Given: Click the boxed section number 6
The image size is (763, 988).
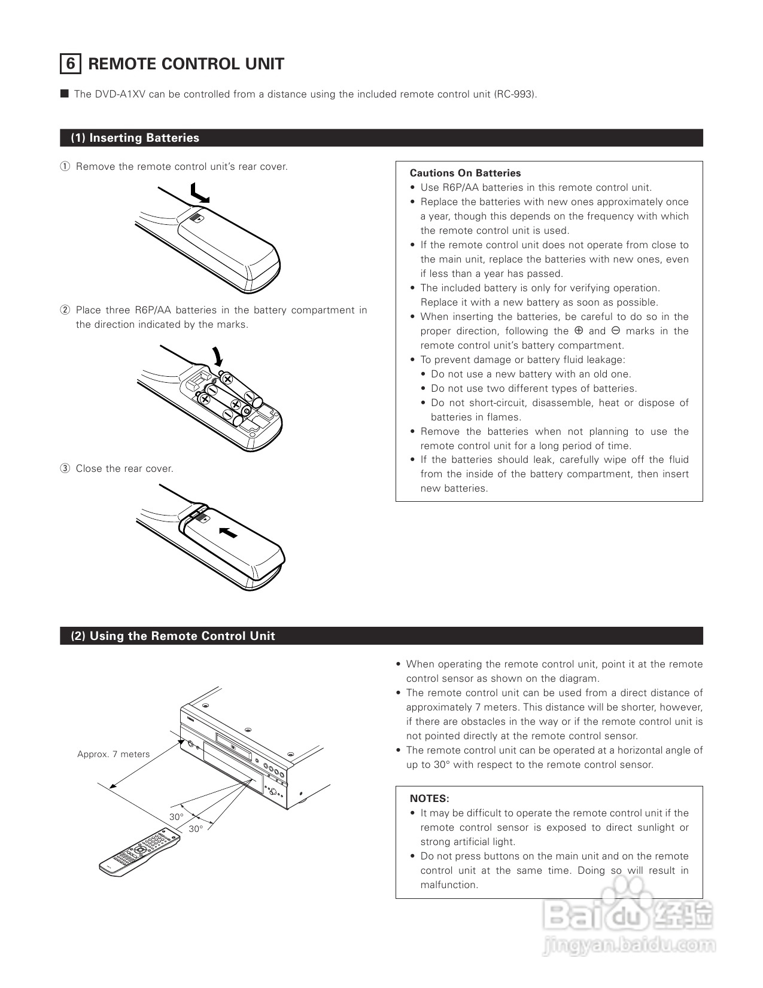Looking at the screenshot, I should point(70,64).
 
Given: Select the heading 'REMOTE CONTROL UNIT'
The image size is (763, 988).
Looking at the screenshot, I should point(186,64).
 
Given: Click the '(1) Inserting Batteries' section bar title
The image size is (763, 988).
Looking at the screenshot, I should point(135,138).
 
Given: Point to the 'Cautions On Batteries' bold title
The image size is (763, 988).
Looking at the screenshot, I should point(465,173).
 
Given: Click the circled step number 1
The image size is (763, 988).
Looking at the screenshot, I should point(65,167).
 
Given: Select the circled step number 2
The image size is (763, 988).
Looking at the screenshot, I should point(65,310).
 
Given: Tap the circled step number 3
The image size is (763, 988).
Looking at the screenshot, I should point(65,469).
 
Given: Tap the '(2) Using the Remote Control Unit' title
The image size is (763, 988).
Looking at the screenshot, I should point(173,636).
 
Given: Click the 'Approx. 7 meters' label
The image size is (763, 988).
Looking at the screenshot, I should point(113,754).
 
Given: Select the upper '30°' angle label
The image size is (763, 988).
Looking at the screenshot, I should point(176,817).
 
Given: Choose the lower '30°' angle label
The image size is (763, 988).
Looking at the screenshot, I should point(196,829).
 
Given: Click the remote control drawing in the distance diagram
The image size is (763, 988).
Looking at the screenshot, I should point(139,853).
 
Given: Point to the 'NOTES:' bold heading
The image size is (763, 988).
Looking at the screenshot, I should point(429,799).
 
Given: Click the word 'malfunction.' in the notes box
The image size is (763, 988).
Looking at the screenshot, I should point(449,885).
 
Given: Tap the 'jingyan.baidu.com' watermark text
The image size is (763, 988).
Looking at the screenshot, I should point(629,946).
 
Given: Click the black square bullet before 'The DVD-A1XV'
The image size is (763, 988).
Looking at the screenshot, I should point(65,94).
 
